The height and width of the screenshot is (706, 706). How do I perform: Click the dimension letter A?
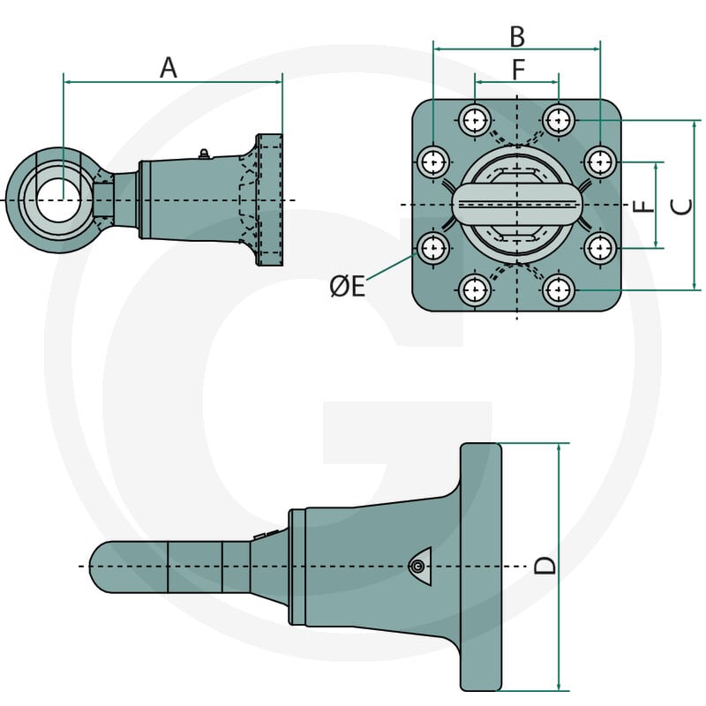click(x=169, y=68)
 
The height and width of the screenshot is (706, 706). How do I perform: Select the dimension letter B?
click(x=517, y=37)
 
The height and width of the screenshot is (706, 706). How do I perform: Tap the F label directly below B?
click(x=518, y=70)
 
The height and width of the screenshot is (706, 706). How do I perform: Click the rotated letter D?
click(x=545, y=566)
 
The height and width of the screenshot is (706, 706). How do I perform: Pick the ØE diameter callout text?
click(x=347, y=286)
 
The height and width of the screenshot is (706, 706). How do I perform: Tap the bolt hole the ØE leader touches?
click(x=433, y=248)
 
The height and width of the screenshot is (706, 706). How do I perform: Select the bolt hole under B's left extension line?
click(x=433, y=161)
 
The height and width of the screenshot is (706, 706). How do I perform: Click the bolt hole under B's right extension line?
click(x=601, y=161)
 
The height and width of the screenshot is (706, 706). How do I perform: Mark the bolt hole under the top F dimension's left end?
click(x=475, y=120)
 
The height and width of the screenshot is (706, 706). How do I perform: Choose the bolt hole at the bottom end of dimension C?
click(x=559, y=290)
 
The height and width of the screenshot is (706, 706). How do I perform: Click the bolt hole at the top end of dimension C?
click(x=559, y=120)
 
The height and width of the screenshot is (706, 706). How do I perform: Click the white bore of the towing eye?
click(x=58, y=200)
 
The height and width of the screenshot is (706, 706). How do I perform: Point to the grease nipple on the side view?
click(x=204, y=154)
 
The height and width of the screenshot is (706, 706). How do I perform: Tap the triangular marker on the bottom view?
click(x=421, y=566)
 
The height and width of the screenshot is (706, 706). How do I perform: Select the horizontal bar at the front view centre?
click(x=517, y=204)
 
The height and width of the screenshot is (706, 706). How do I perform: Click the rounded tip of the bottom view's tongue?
click(x=94, y=567)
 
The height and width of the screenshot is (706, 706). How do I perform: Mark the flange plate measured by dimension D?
click(x=480, y=567)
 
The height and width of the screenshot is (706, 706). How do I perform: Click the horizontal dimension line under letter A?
click(x=173, y=82)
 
